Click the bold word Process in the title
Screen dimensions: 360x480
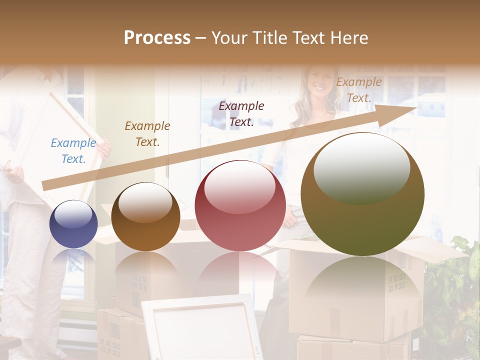click(157, 38)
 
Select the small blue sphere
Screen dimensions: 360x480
click(73, 224)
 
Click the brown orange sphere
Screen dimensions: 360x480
click(145, 216)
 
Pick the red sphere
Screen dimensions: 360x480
click(240, 206)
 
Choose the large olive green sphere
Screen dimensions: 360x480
click(362, 194)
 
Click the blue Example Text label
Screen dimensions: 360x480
click(73, 151)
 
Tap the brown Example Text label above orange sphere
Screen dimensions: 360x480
click(147, 134)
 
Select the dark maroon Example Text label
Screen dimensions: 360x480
click(241, 114)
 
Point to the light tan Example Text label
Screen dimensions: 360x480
click(359, 90)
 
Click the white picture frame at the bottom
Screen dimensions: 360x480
click(202, 327)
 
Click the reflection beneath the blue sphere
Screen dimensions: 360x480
click(73, 260)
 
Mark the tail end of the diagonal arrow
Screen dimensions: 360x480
click(45, 186)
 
